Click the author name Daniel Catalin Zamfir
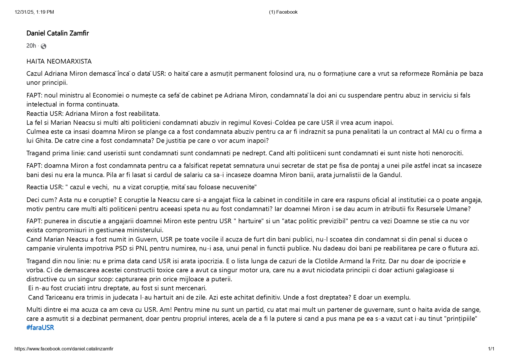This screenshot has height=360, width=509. (57, 33)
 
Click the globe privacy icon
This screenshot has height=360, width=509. (44, 46)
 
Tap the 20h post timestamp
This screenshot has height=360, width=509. (31, 46)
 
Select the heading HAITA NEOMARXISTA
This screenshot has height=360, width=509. (59, 62)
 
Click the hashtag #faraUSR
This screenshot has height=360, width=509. (40, 328)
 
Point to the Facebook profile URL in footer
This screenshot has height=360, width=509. (64, 349)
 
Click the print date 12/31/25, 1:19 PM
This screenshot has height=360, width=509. (34, 12)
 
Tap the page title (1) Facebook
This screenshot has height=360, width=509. (283, 12)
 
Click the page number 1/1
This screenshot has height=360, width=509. (491, 349)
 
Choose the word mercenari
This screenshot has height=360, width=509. (192, 288)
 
